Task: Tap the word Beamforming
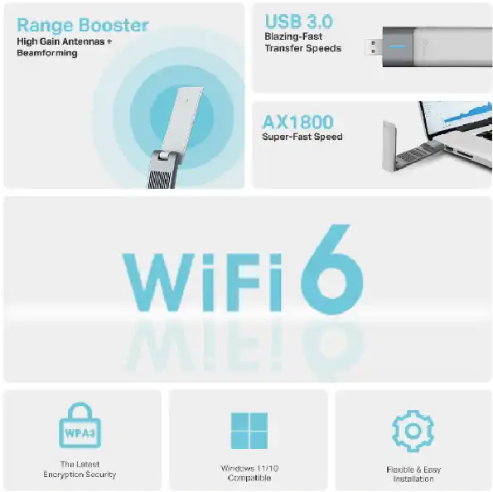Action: pyautogui.click(x=46, y=53)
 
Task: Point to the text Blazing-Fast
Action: pyautogui.click(x=292, y=36)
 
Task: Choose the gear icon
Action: pyautogui.click(x=412, y=431)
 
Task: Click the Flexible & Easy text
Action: pyautogui.click(x=412, y=470)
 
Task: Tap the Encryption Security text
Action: pyautogui.click(x=80, y=475)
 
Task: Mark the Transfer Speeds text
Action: pyautogui.click(x=302, y=48)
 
